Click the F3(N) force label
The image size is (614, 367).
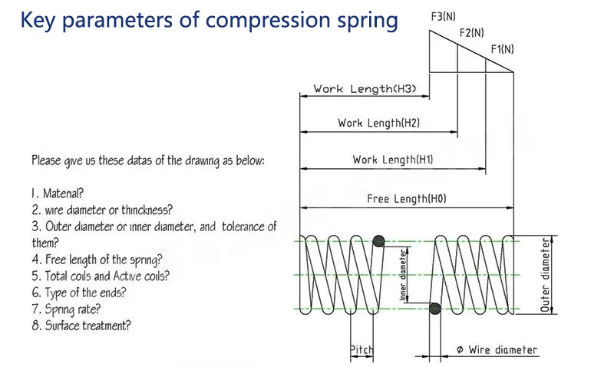[x=444, y=16]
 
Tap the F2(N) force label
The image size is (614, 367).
[x=472, y=32]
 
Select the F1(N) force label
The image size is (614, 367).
[x=503, y=49]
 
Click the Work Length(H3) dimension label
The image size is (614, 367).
[x=365, y=89]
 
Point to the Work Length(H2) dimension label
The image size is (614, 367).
[x=378, y=123]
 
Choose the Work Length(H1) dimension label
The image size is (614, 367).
[x=393, y=160]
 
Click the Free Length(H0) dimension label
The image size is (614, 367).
[x=407, y=199]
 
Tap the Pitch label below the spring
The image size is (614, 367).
[x=361, y=349]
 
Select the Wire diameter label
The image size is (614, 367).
[x=497, y=349]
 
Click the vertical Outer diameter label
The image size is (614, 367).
[x=545, y=275]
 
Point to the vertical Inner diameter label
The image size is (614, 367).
[x=403, y=275]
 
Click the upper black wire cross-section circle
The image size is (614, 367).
[x=378, y=241]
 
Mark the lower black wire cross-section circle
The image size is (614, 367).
[x=434, y=309]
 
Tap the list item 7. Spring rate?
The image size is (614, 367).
[x=66, y=309]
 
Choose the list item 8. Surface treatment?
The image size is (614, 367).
[x=81, y=326]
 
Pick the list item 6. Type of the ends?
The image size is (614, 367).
[x=79, y=293]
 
